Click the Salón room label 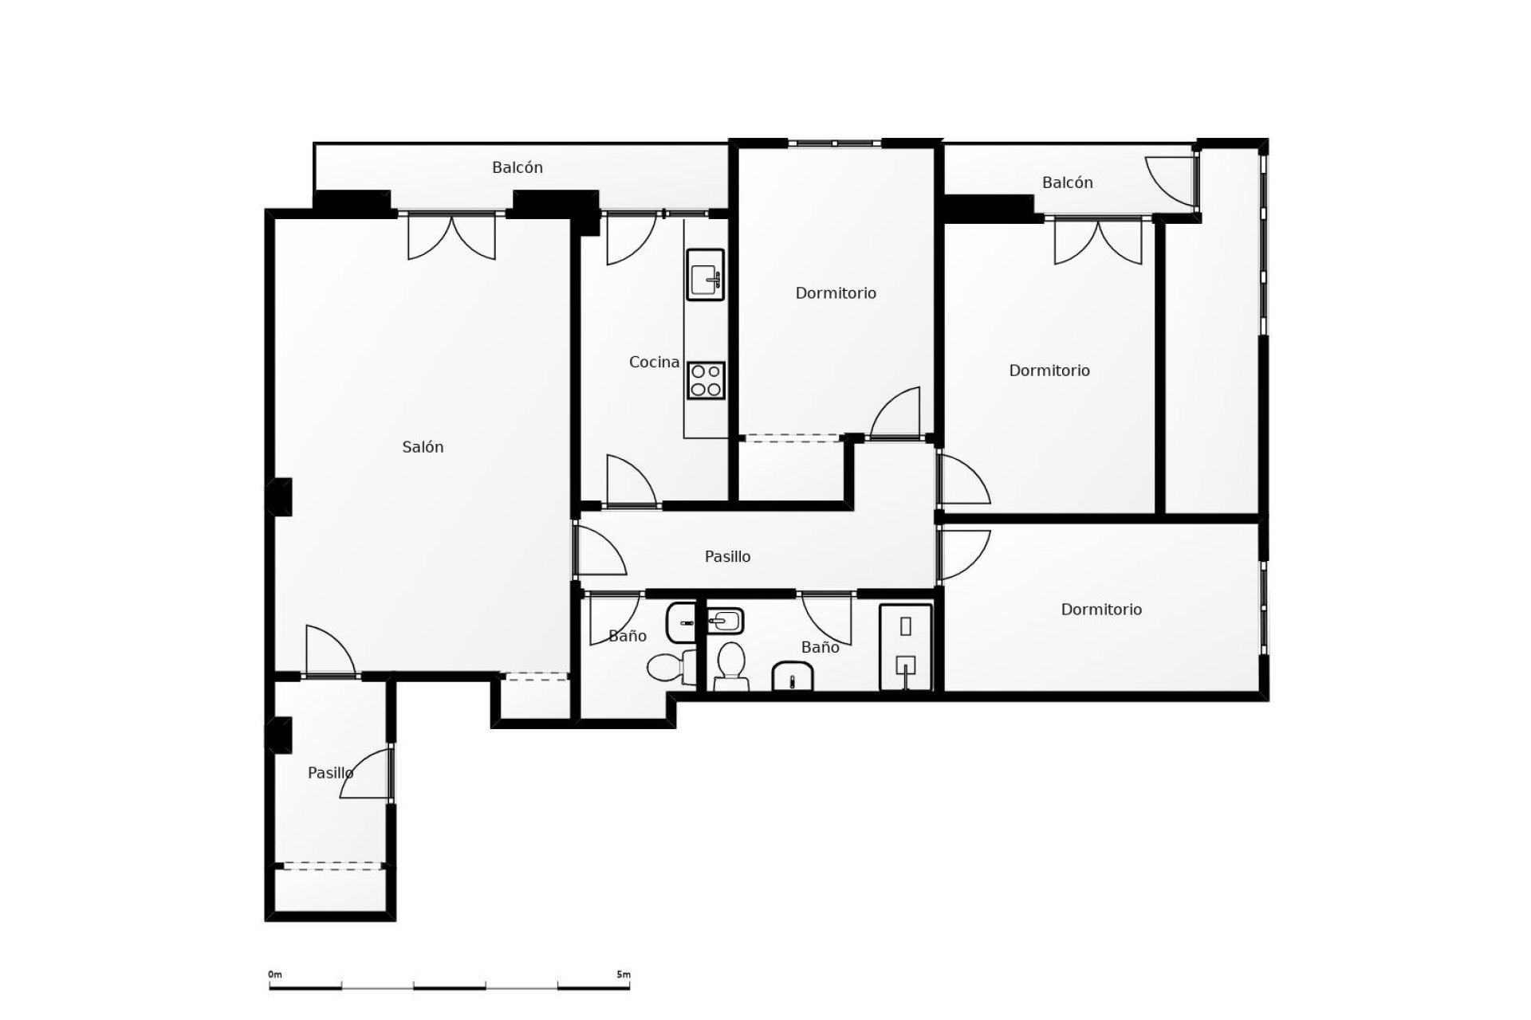[x=423, y=448]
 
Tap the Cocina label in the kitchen [x=654, y=363]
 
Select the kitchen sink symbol [x=706, y=275]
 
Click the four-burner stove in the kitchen [x=706, y=380]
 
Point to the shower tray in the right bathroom [x=906, y=647]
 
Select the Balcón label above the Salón [x=518, y=168]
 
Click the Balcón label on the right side [x=1067, y=183]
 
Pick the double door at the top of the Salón [x=451, y=237]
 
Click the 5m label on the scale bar [x=623, y=975]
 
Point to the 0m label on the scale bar [x=275, y=975]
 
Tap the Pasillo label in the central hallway [x=727, y=557]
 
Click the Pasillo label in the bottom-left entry [x=330, y=773]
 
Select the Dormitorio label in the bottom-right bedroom [x=1101, y=610]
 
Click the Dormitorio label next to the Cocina [x=836, y=293]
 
